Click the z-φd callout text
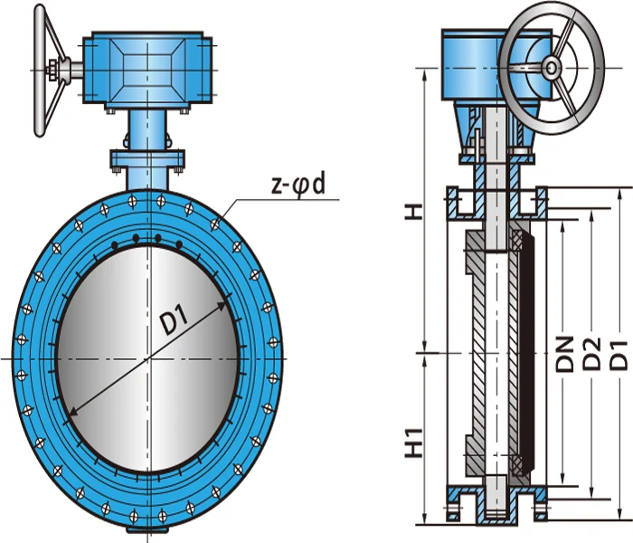coord(298,186)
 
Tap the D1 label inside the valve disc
coord(174,320)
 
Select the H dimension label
coord(414,212)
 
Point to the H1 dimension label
coord(414,443)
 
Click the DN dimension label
coord(565,354)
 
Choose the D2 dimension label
coord(592,354)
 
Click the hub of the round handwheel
coord(551,68)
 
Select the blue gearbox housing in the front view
coord(147,70)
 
